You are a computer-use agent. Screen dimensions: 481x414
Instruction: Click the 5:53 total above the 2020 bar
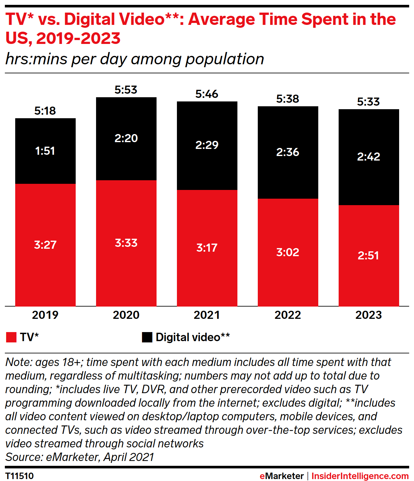click(126, 90)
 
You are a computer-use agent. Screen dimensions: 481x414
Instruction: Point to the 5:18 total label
click(45, 111)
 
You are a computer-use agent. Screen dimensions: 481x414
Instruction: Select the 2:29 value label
click(207, 145)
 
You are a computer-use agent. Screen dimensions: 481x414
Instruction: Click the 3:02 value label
click(288, 252)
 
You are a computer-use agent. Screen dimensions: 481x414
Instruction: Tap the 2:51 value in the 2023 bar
click(368, 256)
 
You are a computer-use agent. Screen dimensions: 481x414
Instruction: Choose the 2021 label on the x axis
click(207, 315)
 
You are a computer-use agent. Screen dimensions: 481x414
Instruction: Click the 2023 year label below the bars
click(368, 315)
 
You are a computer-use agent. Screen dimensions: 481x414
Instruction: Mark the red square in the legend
click(11, 337)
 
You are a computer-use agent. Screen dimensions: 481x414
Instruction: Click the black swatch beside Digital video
click(147, 337)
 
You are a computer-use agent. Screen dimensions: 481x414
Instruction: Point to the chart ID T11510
click(19, 476)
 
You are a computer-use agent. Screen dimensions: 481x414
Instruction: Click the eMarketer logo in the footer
click(281, 476)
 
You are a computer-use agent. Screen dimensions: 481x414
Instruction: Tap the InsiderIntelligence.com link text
click(360, 476)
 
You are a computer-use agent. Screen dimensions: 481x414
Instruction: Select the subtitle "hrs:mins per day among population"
click(135, 59)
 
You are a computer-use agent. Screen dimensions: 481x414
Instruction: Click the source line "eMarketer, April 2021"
click(80, 457)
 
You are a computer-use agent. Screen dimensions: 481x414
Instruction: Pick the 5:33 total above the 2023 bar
click(368, 102)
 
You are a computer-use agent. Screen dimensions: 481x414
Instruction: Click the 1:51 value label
click(45, 151)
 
